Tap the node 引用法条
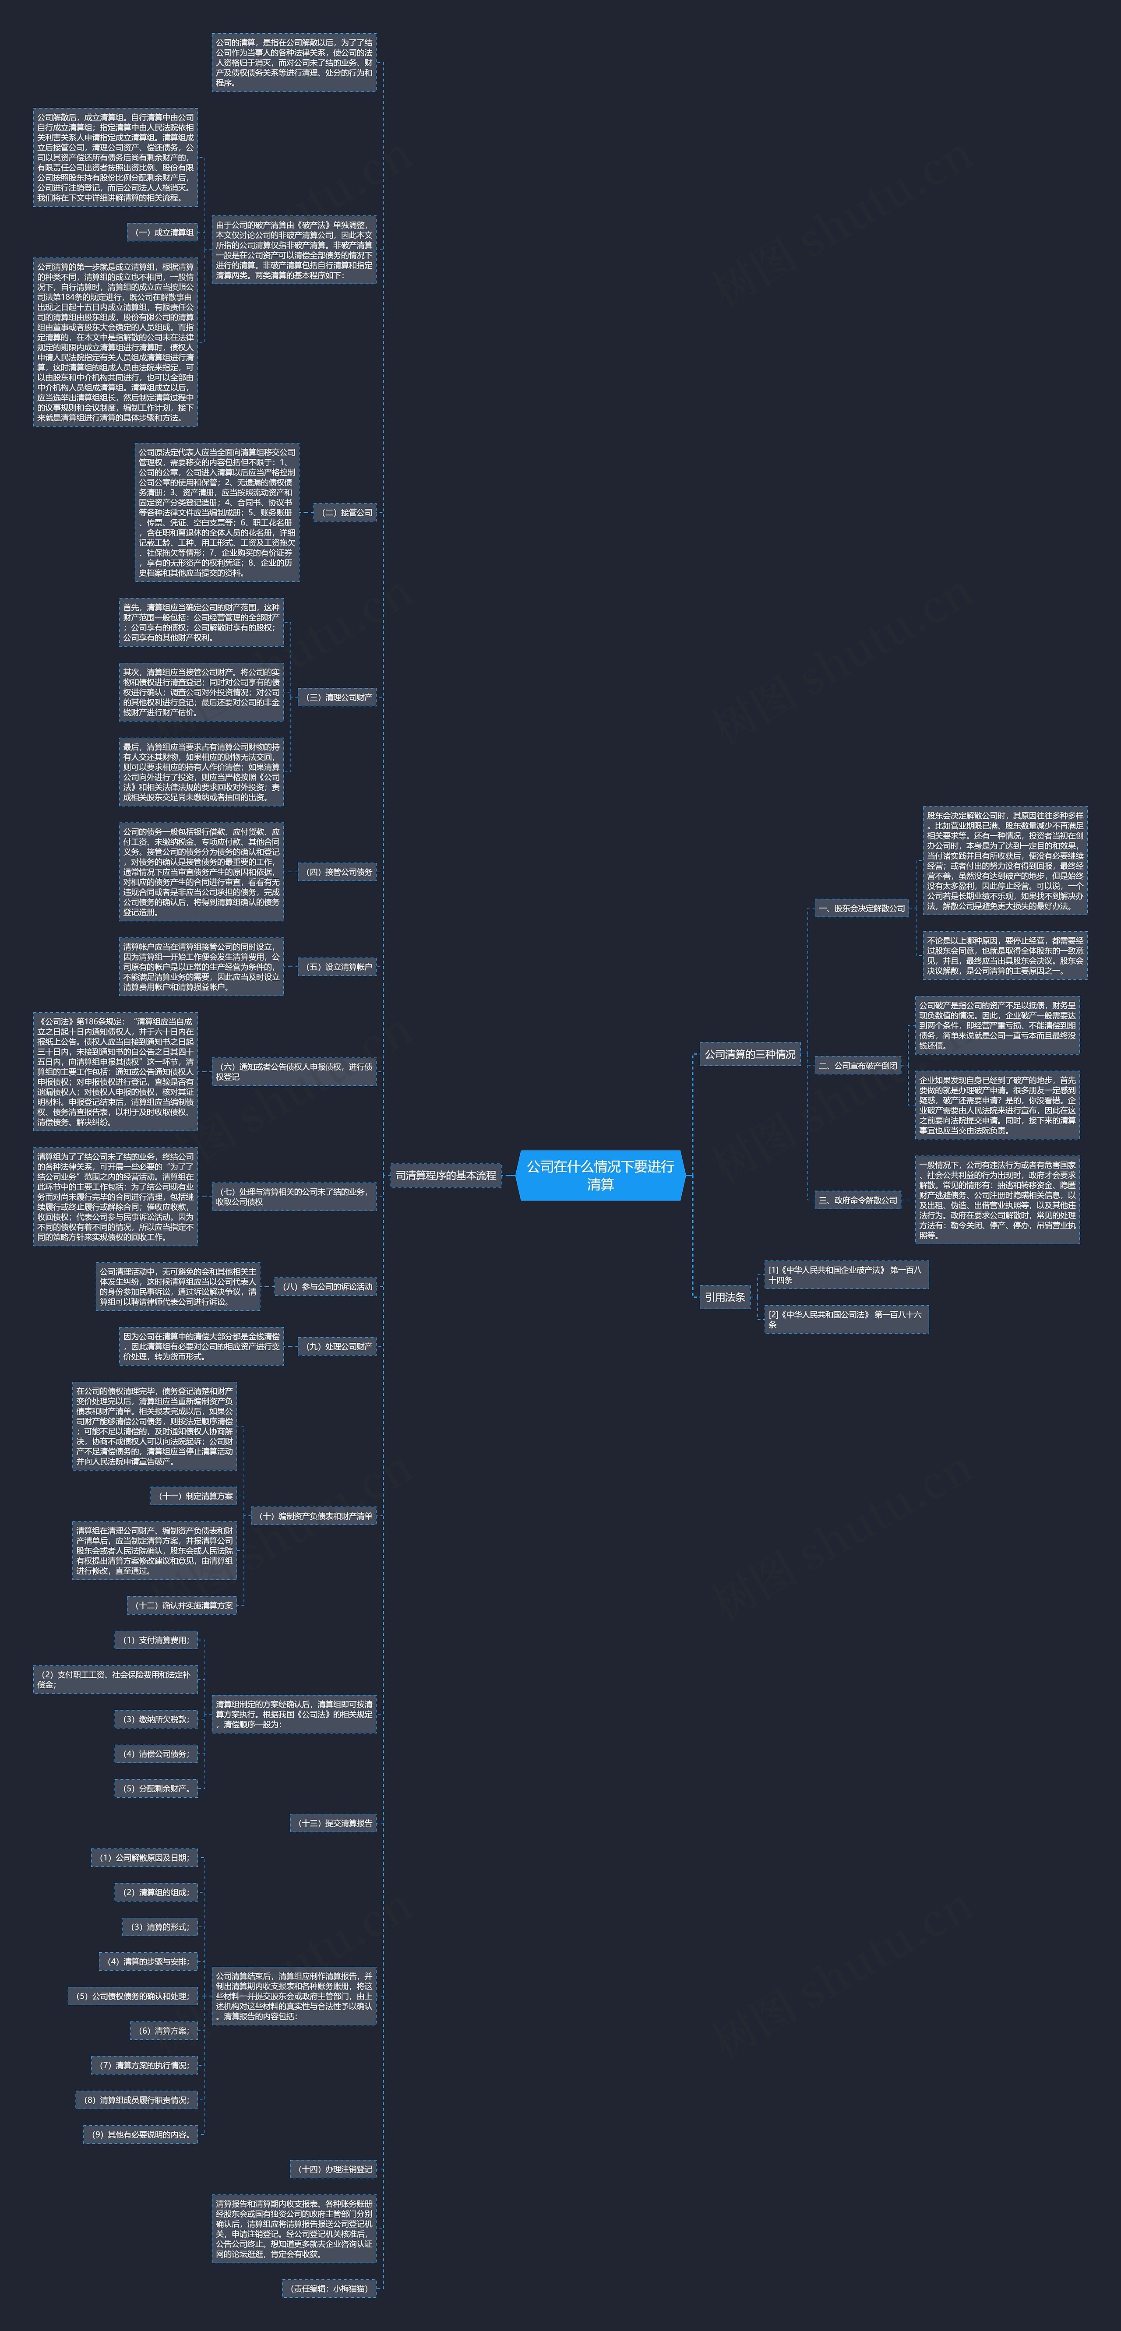coord(725,1297)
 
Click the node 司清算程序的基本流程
coord(445,1176)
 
